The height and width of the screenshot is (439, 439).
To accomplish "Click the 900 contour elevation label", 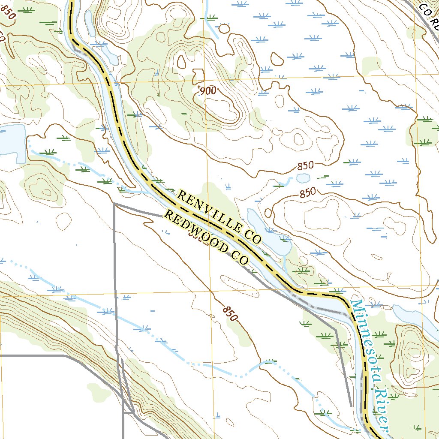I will tap(207, 90).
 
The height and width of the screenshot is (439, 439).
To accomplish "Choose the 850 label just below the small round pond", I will tap(307, 193).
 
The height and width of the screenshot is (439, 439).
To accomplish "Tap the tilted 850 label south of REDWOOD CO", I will tap(230, 314).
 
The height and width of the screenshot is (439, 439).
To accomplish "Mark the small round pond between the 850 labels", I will tap(303, 177).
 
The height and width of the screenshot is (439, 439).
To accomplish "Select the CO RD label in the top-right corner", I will tap(429, 13).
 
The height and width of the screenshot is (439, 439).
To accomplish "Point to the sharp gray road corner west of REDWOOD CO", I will tap(114, 204).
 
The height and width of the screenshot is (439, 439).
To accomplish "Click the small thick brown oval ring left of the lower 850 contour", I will tap(268, 213).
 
